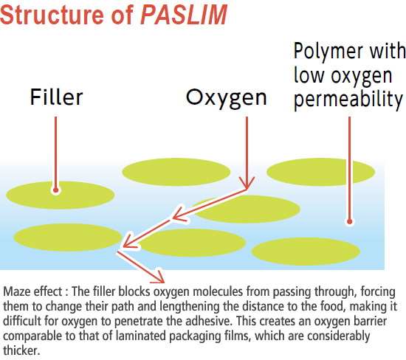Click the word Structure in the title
pos(52,15)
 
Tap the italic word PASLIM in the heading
pos(184,15)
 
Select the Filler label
pos(56,97)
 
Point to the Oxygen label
pos(227,99)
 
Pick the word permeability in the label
pos(348,100)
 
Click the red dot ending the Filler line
pos(55,190)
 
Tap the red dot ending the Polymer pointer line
pos(350,221)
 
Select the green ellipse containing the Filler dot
pos(60,195)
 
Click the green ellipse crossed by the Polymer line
pos(320,172)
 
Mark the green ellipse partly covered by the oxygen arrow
pos(246,209)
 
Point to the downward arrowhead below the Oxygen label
pos(247,183)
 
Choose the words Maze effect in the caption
pos(32,291)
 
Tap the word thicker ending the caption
pos(21,350)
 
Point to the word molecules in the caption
pos(218,291)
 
